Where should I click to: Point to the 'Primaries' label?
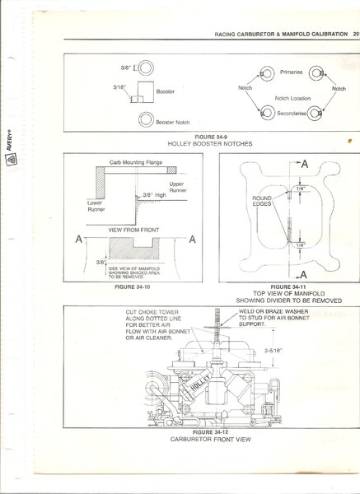[292, 72]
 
